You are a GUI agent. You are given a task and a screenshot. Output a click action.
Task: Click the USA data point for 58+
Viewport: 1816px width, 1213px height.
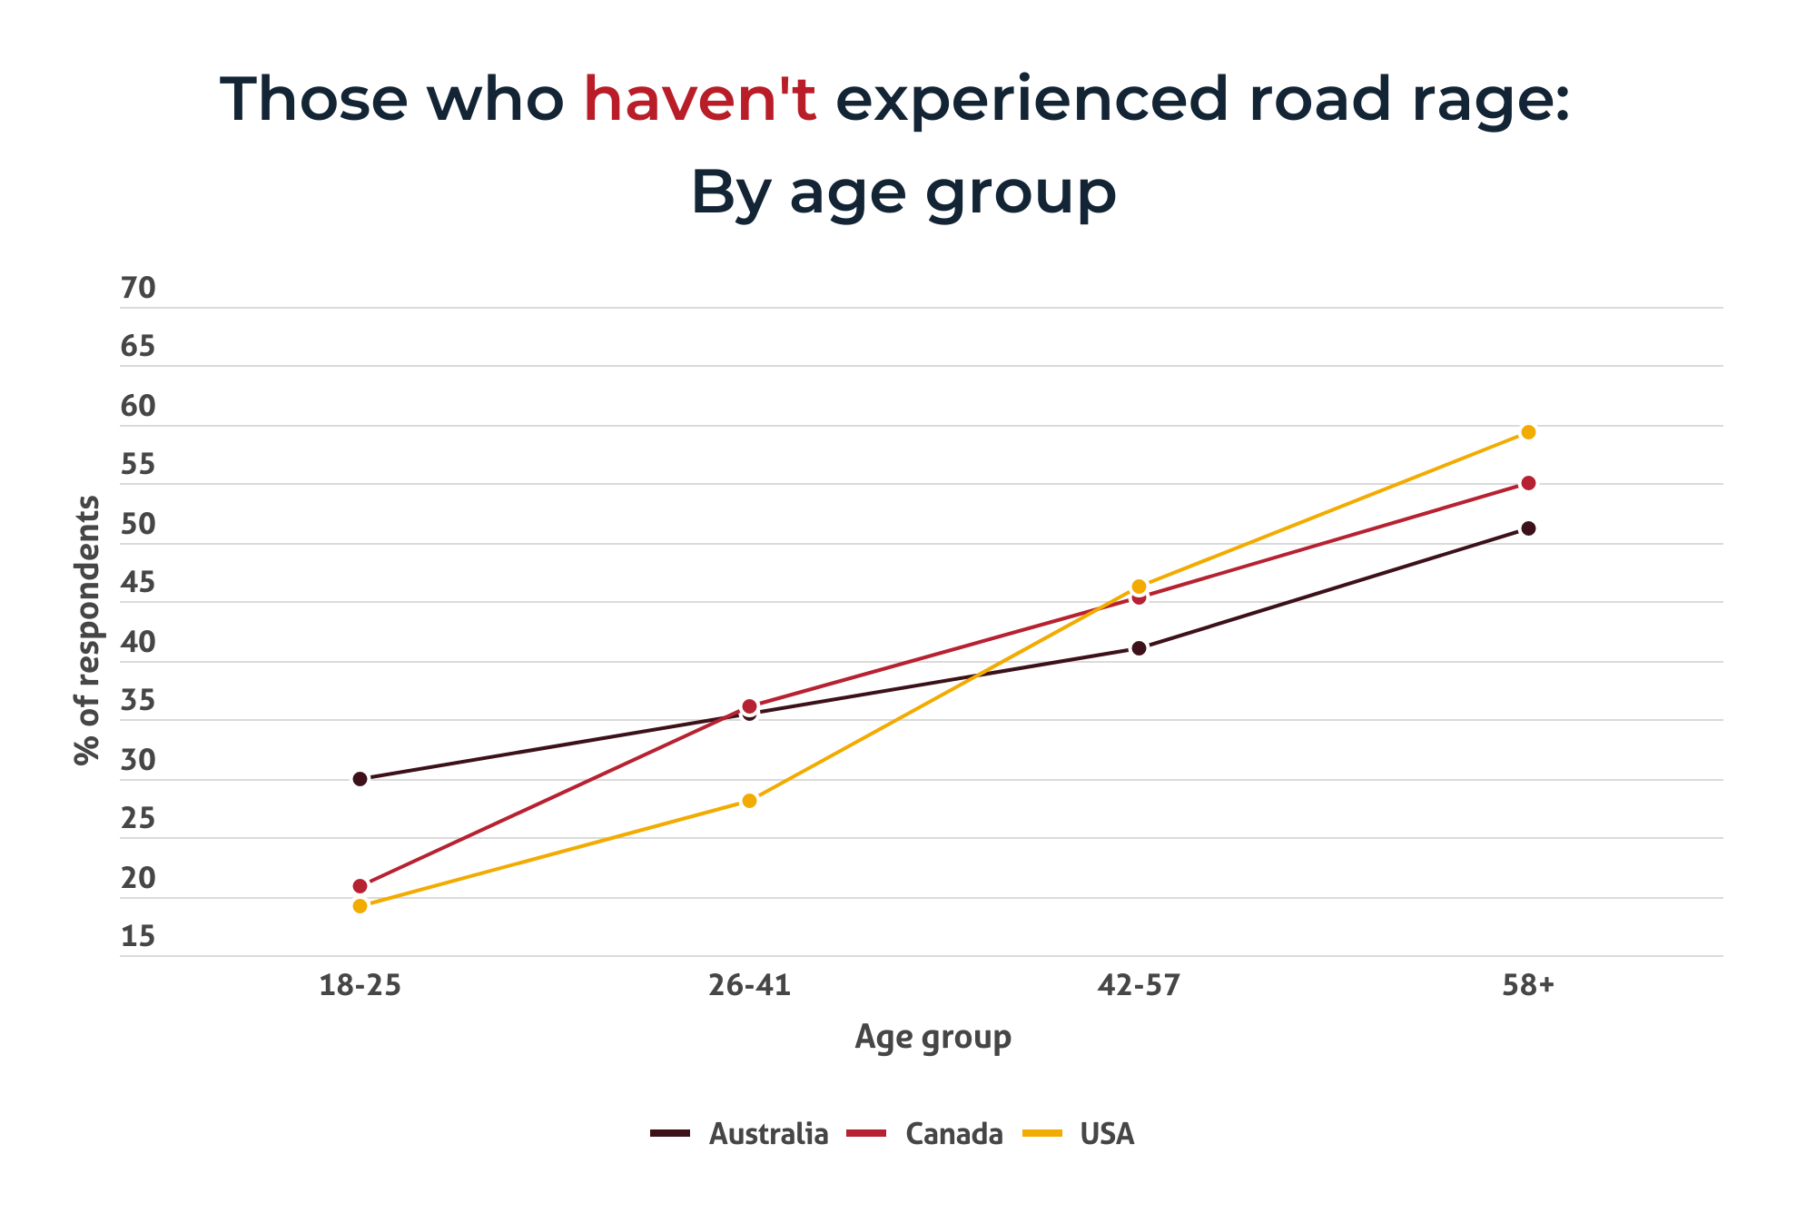pyautogui.click(x=1528, y=432)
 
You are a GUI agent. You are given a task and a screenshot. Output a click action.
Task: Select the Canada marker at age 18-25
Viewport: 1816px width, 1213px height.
pyautogui.click(x=360, y=886)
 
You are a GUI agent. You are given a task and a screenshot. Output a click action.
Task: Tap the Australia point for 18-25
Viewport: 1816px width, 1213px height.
pyautogui.click(x=360, y=779)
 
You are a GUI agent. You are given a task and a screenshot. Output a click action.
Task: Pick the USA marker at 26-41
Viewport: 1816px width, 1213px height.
pyautogui.click(x=749, y=801)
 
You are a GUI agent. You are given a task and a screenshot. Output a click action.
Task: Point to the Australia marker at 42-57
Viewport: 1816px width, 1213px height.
pyautogui.click(x=1139, y=648)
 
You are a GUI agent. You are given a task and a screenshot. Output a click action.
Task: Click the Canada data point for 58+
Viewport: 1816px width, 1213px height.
pyautogui.click(x=1528, y=483)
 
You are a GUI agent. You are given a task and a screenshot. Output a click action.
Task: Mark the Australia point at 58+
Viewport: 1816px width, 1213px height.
pyautogui.click(x=1528, y=528)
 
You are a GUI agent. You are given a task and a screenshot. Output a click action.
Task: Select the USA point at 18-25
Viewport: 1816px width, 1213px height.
pyautogui.click(x=360, y=906)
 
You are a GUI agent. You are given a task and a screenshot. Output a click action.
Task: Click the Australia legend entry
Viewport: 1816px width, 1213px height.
pyautogui.click(x=740, y=1134)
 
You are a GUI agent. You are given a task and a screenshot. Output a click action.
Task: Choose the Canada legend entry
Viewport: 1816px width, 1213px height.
pyautogui.click(x=925, y=1134)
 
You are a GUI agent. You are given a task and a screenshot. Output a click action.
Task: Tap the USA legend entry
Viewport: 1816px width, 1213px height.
pyautogui.click(x=1080, y=1134)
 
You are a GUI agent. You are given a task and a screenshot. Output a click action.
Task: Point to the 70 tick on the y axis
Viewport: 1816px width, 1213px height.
pyautogui.click(x=138, y=289)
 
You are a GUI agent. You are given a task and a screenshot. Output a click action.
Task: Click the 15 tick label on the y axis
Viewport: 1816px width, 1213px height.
pyautogui.click(x=138, y=937)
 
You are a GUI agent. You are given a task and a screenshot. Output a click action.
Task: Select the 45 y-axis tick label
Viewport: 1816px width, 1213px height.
pyautogui.click(x=138, y=583)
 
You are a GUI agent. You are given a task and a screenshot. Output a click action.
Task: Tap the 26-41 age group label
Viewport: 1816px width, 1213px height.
pyautogui.click(x=749, y=985)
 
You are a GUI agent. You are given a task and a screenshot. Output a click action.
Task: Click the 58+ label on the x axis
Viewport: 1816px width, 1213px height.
pyautogui.click(x=1528, y=985)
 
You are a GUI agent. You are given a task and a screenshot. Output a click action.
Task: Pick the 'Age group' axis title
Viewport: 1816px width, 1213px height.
pyautogui.click(x=933, y=1037)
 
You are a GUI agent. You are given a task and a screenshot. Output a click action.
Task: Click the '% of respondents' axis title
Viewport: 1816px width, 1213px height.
pyautogui.click(x=87, y=630)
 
